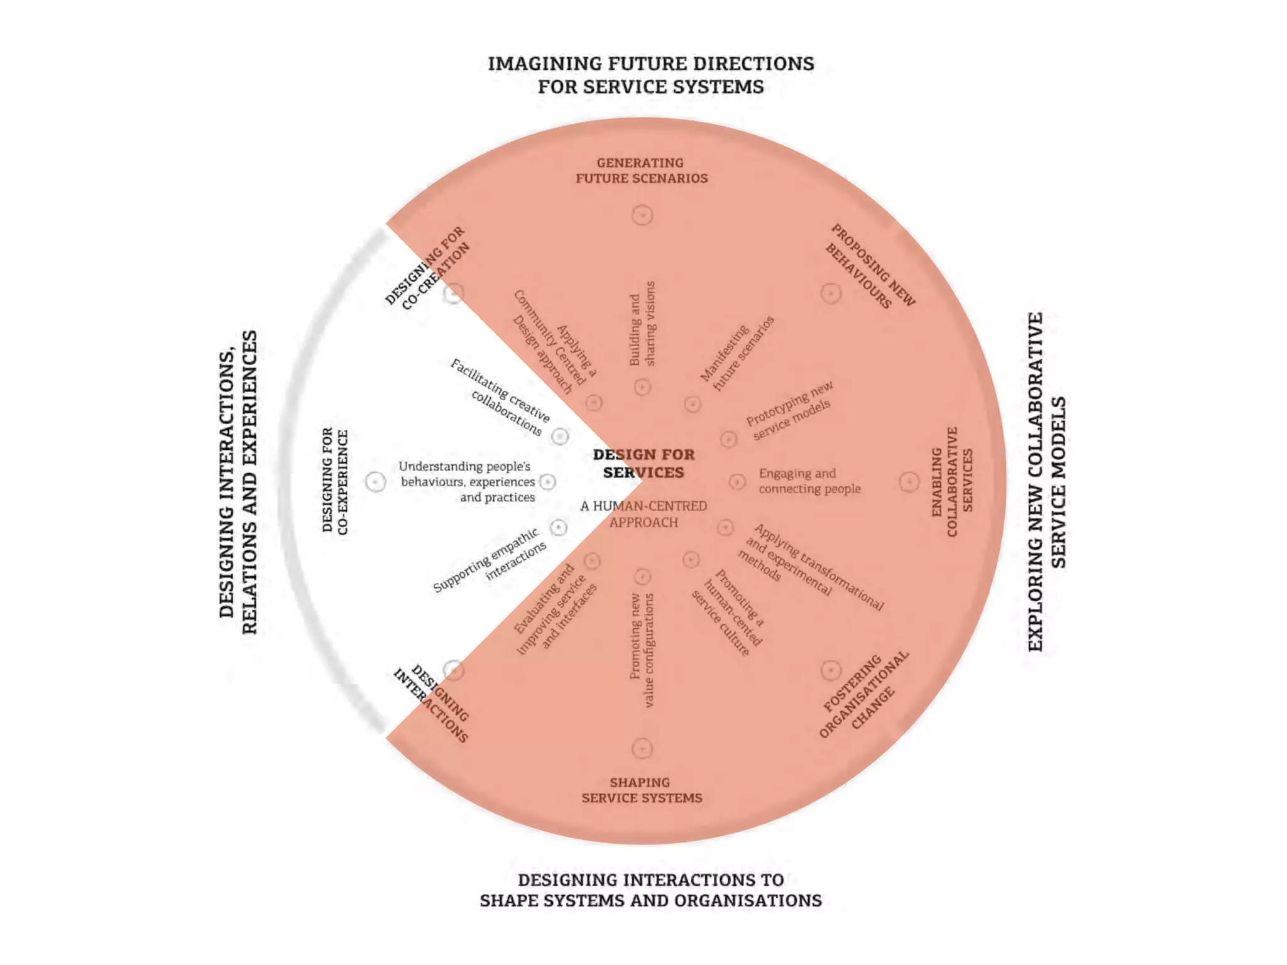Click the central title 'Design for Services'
[643, 463]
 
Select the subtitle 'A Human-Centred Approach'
[643, 514]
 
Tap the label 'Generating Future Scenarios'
[642, 170]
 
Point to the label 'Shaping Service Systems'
[642, 790]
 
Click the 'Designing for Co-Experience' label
[335, 481]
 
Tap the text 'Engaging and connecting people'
[809, 481]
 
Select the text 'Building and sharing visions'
[642, 324]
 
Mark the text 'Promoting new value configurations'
[642, 650]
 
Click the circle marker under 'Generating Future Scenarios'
[642, 215]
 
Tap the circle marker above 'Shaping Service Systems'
[642, 748]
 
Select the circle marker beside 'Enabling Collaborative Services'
[909, 482]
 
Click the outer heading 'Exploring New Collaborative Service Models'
[1046, 482]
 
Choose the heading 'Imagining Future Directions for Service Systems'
[650, 75]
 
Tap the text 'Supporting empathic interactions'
[490, 560]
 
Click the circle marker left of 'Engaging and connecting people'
[737, 482]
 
